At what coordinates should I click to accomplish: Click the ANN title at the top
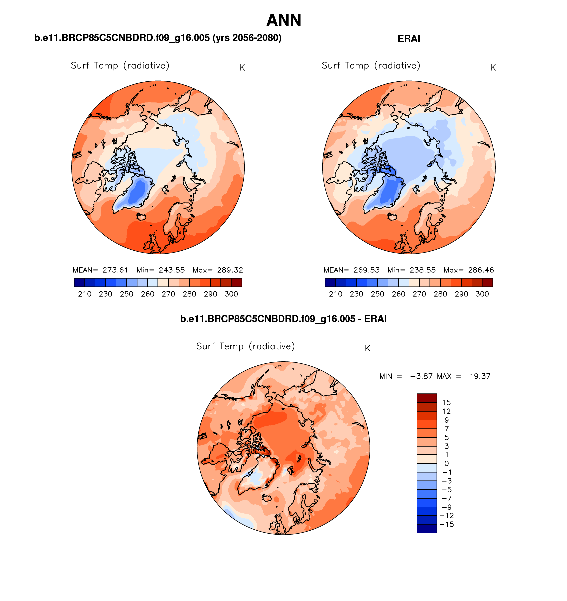coord(283,20)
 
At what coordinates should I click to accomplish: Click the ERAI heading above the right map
coord(409,39)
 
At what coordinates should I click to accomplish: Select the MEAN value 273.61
coord(115,270)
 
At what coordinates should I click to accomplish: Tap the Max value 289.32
coord(230,270)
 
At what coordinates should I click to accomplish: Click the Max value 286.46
coord(481,270)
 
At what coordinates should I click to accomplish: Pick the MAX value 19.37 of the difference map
coord(480,376)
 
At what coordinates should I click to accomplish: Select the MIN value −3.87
coord(421,376)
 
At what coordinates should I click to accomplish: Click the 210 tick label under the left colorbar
coord(85,294)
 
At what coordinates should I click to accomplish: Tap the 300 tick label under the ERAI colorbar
coord(482,294)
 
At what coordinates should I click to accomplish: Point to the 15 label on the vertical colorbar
coord(446,403)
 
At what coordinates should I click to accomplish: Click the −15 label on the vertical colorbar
coord(446,524)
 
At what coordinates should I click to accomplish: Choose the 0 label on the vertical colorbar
coord(446,464)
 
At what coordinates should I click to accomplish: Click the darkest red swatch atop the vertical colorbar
coord(427,398)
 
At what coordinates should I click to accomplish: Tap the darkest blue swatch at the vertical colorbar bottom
coord(427,529)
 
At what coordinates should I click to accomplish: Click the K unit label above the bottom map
coord(367,348)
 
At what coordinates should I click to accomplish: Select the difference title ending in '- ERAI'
coord(283,319)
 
